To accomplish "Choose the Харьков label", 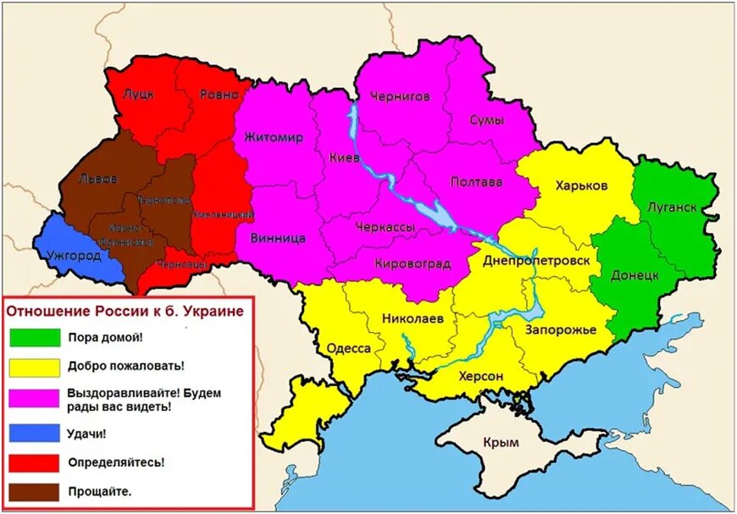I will [581, 185].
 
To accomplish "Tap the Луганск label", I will [671, 207].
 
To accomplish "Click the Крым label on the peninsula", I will [499, 442].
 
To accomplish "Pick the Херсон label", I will [480, 376].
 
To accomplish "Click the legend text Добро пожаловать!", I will [126, 366].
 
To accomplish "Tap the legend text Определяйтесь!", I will [116, 462].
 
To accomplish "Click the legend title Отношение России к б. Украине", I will [125, 311].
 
